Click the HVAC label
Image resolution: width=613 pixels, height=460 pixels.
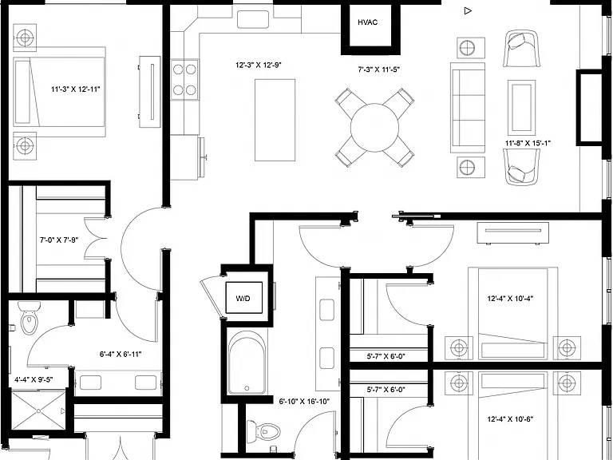(367, 22)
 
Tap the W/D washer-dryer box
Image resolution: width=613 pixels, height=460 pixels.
(244, 298)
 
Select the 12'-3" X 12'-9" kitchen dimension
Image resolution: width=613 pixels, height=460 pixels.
(259, 65)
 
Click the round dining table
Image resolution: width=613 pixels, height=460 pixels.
(374, 128)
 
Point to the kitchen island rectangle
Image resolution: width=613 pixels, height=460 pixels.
(275, 120)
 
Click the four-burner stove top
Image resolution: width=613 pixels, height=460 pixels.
(184, 80)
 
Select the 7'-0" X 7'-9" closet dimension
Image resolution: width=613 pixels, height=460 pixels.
(59, 240)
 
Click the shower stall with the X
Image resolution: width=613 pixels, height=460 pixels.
(38, 410)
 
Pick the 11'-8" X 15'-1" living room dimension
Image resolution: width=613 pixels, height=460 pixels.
(528, 143)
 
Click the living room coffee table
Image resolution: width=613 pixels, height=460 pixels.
(521, 107)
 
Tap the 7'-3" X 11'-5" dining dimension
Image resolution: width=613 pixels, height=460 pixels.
(379, 70)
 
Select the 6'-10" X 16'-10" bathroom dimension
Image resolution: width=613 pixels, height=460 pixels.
(304, 402)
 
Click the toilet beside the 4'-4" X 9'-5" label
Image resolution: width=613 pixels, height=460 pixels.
(30, 318)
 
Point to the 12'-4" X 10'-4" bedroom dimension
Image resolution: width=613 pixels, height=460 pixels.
(510, 299)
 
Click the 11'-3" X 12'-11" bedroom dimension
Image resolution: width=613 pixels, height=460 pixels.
(76, 89)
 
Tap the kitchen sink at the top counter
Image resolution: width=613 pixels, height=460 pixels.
(252, 19)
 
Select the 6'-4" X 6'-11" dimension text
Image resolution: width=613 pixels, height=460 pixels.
(121, 355)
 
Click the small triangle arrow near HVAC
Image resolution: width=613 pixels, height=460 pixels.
(468, 10)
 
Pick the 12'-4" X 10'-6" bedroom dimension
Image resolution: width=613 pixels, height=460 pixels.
(510, 419)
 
